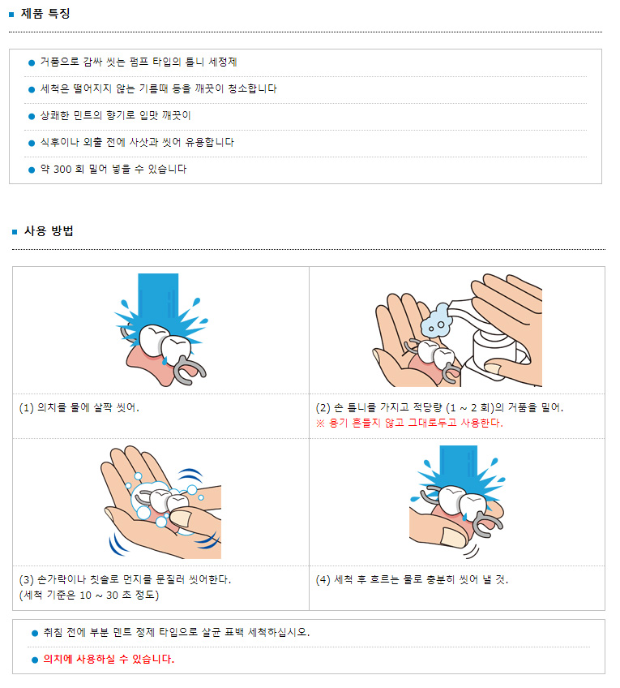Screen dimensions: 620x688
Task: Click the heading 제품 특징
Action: pos(45,14)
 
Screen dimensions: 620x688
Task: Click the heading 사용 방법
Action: pos(49,230)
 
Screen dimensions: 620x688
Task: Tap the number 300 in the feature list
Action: pos(62,170)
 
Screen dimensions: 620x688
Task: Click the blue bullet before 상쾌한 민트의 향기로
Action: pos(32,116)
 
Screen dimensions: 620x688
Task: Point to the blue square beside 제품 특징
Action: pos(11,15)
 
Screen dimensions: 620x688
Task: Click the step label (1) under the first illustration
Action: pos(26,408)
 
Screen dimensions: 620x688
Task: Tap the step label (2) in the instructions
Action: pos(323,408)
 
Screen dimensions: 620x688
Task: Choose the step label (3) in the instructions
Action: pos(26,579)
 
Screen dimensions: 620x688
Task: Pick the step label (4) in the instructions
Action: pos(323,579)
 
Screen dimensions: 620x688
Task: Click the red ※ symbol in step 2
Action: pos(320,424)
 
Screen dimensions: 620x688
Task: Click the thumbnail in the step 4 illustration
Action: pos(453,537)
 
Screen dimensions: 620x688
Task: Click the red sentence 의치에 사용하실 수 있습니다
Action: pos(109,659)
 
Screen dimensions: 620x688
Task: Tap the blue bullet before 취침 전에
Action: pos(35,633)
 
